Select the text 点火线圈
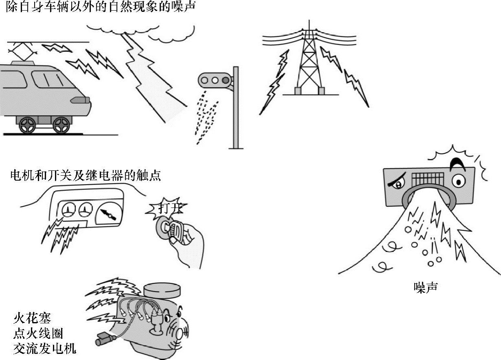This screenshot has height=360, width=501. pyautogui.click(x=38, y=333)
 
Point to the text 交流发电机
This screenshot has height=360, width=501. pyautogui.click(x=44, y=349)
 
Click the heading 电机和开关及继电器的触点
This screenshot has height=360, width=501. pyautogui.click(x=85, y=175)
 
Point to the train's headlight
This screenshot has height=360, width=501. pyautogui.click(x=80, y=100)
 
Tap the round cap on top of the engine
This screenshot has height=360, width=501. pyautogui.click(x=162, y=290)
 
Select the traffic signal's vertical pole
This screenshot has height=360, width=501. pyautogui.click(x=235, y=108)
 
